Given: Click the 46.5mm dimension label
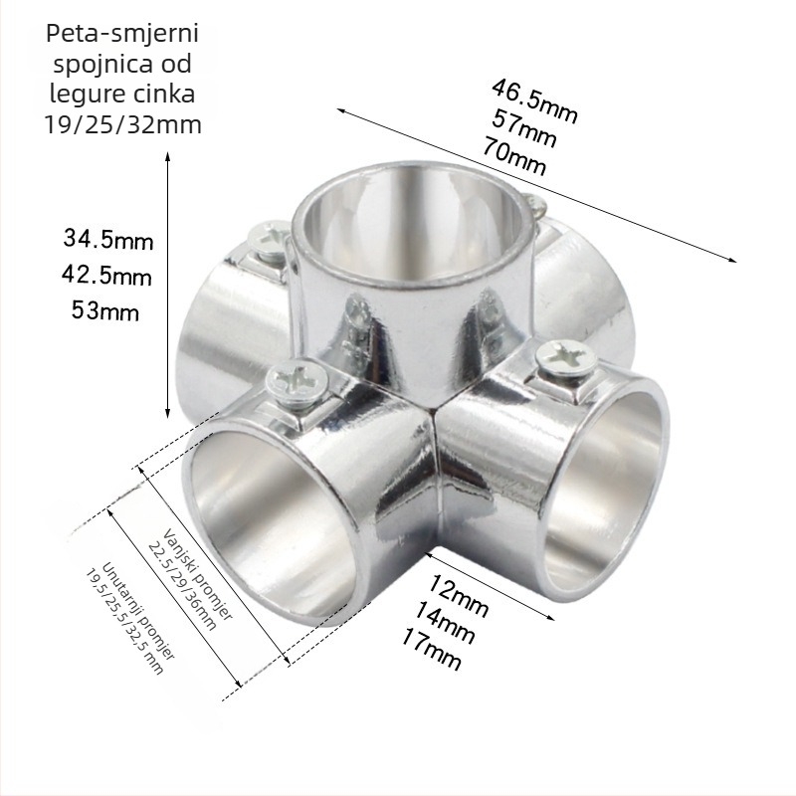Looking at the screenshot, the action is (x=534, y=100).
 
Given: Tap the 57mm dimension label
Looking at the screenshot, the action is (x=524, y=128).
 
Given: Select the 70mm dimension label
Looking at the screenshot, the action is (x=514, y=156).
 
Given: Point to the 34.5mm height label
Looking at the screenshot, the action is (x=108, y=239).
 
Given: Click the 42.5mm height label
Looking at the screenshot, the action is (x=106, y=276).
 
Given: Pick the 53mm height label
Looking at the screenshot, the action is (x=105, y=310).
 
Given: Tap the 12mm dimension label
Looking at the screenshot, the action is (x=459, y=595).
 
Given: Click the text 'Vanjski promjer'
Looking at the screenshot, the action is (x=198, y=574).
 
